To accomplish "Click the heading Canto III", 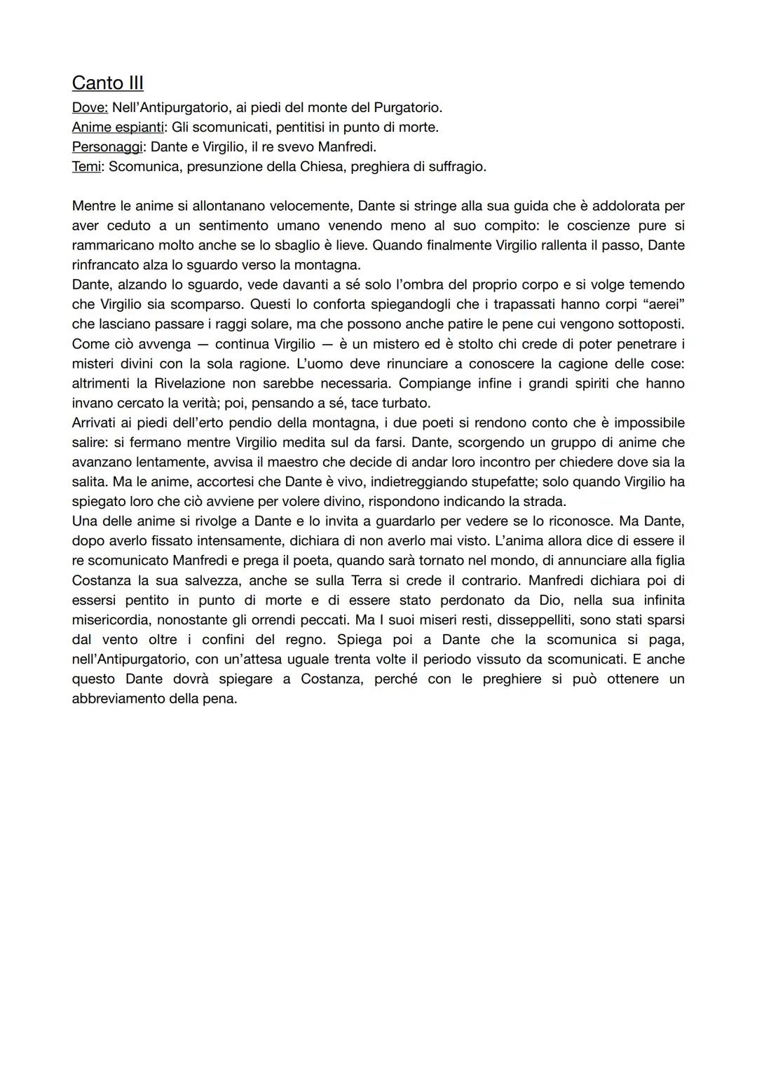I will point(107,83).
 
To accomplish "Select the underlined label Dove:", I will point(90,108).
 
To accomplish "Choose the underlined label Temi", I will point(86,167).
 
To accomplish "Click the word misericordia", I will point(111,620).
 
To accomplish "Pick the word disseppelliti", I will point(540,620).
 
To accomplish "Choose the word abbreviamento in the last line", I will point(118,699).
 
